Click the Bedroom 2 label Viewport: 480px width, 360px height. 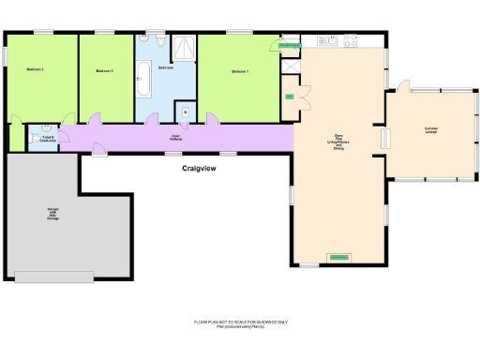point(36,70)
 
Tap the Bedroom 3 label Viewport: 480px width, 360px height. point(105,70)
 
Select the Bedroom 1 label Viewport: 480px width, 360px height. point(240,70)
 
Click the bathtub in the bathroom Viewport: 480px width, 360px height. point(145,79)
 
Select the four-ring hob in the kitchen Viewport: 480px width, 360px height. point(351,40)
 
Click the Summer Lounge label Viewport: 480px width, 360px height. point(431,129)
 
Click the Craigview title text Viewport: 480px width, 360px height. point(201,169)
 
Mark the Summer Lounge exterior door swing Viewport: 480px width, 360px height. point(402,87)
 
